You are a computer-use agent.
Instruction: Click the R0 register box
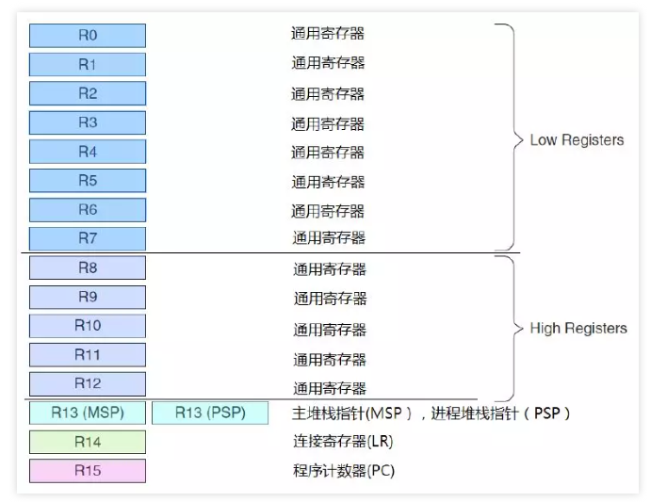click(x=88, y=36)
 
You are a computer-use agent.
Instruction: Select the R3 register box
click(x=88, y=122)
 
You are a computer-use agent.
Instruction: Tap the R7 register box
click(x=88, y=238)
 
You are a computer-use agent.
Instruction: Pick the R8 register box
click(x=88, y=267)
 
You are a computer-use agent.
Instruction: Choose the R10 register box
click(x=88, y=326)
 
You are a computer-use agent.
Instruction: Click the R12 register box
click(x=88, y=384)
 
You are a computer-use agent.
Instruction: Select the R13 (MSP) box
click(x=88, y=413)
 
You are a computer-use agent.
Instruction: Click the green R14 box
click(x=88, y=442)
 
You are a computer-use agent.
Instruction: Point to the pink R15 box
click(x=88, y=471)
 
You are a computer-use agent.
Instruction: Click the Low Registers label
click(x=577, y=140)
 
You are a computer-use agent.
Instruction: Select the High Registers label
click(x=578, y=329)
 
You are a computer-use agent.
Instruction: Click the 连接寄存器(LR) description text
click(x=343, y=442)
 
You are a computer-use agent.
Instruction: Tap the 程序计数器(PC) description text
click(x=344, y=471)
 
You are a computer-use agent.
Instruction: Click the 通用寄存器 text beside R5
click(x=328, y=182)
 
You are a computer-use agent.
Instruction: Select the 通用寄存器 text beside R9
click(x=330, y=299)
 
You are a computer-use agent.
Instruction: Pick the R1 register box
click(x=88, y=65)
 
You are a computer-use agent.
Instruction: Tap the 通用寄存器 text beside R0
click(x=328, y=34)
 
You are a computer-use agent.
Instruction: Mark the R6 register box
click(x=88, y=209)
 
